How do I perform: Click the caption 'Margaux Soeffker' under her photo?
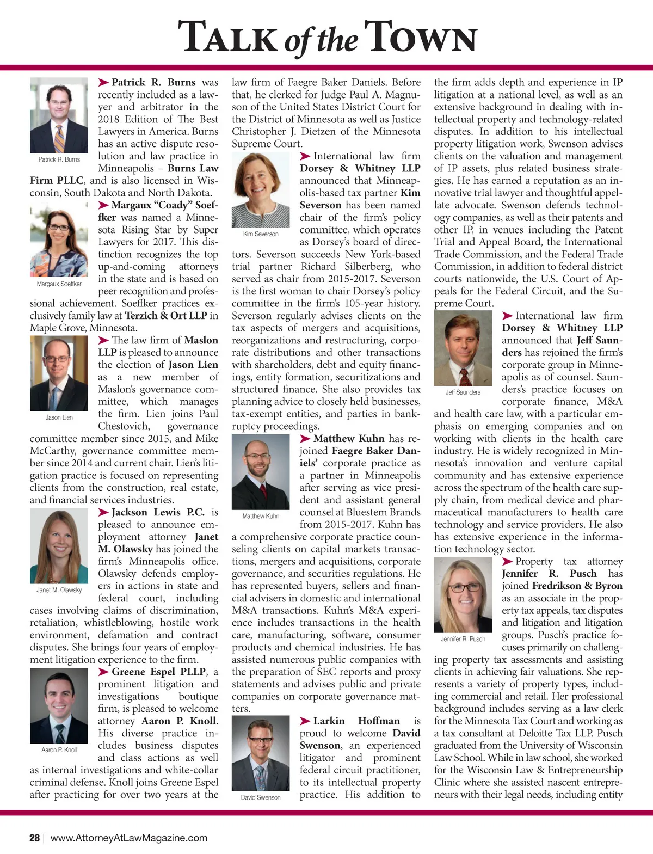pos(59,284)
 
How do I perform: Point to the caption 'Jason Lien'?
pos(59,417)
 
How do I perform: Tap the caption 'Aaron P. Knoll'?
pos(59,749)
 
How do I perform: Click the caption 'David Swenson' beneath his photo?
pos(261,797)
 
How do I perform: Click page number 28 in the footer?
pos(34,838)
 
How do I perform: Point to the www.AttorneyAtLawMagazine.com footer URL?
pos(129,838)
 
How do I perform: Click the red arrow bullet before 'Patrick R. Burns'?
pos(103,83)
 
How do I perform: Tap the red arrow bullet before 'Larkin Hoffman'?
pos(305,721)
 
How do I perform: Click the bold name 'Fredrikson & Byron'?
pos(577,586)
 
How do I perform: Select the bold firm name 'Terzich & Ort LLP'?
pos(166,316)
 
